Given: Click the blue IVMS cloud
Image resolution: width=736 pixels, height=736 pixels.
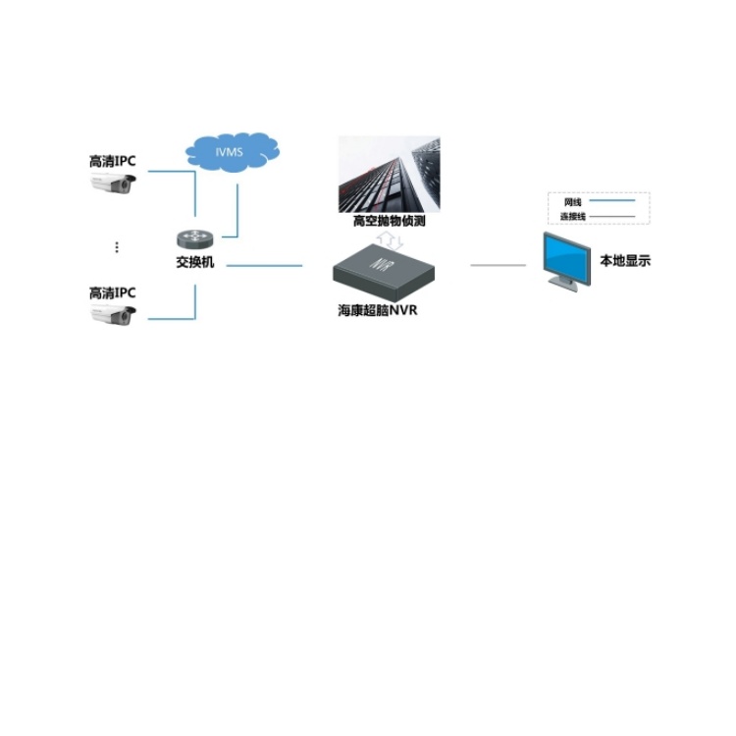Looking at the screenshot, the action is click(x=233, y=152).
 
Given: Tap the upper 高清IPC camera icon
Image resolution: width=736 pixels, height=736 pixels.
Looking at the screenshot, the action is click(x=113, y=183).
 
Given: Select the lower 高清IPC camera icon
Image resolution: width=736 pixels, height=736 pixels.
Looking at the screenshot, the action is click(x=113, y=314).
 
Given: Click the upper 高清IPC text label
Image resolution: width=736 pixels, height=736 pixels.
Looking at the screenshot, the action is click(x=113, y=161).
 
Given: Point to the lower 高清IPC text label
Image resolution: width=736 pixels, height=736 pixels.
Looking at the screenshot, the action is click(x=113, y=292).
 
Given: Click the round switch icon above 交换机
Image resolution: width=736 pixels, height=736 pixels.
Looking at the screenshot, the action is click(x=195, y=239).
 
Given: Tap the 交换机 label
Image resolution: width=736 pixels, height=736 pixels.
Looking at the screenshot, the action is click(x=195, y=262).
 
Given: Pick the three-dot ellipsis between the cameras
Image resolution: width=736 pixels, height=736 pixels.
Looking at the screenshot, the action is click(x=117, y=247).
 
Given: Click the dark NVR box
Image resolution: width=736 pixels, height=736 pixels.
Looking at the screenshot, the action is click(x=384, y=272).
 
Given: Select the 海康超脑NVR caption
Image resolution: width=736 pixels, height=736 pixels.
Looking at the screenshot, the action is click(x=378, y=310).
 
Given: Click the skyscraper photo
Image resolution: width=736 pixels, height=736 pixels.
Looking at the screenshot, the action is click(x=390, y=174).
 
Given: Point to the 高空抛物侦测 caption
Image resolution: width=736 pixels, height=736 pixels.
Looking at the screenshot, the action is click(x=390, y=221).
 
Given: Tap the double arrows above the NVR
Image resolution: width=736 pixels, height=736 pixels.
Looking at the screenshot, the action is click(x=390, y=239).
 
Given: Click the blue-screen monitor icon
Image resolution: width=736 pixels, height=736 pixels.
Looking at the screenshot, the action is click(x=566, y=261).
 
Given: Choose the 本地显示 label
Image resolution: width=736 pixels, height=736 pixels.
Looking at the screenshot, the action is click(x=625, y=260).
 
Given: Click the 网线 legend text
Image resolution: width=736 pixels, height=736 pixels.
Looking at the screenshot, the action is click(x=573, y=202).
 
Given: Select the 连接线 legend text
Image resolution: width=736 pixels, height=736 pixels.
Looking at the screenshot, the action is click(x=573, y=217).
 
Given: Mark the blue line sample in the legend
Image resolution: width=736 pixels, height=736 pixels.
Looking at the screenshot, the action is click(x=612, y=200).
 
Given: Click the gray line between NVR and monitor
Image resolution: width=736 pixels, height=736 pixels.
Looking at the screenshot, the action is click(x=498, y=265).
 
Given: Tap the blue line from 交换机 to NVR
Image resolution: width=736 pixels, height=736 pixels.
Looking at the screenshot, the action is click(x=264, y=266).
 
